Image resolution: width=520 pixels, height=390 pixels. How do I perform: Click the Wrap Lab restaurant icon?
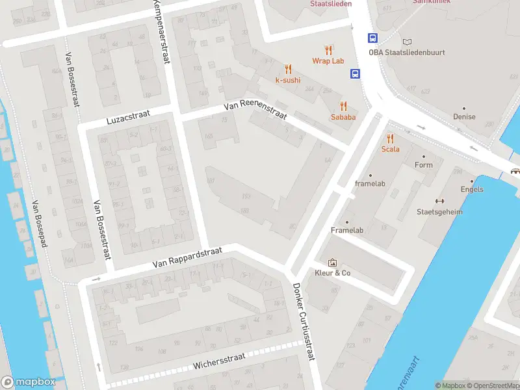328,49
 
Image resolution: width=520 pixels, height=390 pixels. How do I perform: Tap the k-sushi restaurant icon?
288,68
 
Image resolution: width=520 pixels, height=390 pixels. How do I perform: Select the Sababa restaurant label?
343,118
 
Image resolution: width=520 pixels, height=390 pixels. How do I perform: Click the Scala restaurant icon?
390,138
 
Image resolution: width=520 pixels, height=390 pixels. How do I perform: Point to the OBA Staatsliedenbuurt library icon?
407,41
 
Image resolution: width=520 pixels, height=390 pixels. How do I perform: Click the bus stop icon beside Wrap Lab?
372,38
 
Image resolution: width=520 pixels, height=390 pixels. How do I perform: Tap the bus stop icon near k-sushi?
355,73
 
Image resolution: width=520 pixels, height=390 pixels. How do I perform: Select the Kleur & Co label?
333,273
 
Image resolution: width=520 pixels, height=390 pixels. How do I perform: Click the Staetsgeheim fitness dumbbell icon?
439,201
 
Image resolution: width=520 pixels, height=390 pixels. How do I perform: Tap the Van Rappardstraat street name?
187,257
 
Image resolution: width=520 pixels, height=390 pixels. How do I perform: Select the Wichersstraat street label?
219,361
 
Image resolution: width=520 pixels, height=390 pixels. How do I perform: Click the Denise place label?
464,117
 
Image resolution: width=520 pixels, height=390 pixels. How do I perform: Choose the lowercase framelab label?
370,184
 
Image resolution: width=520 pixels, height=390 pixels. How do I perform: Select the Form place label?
423,165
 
